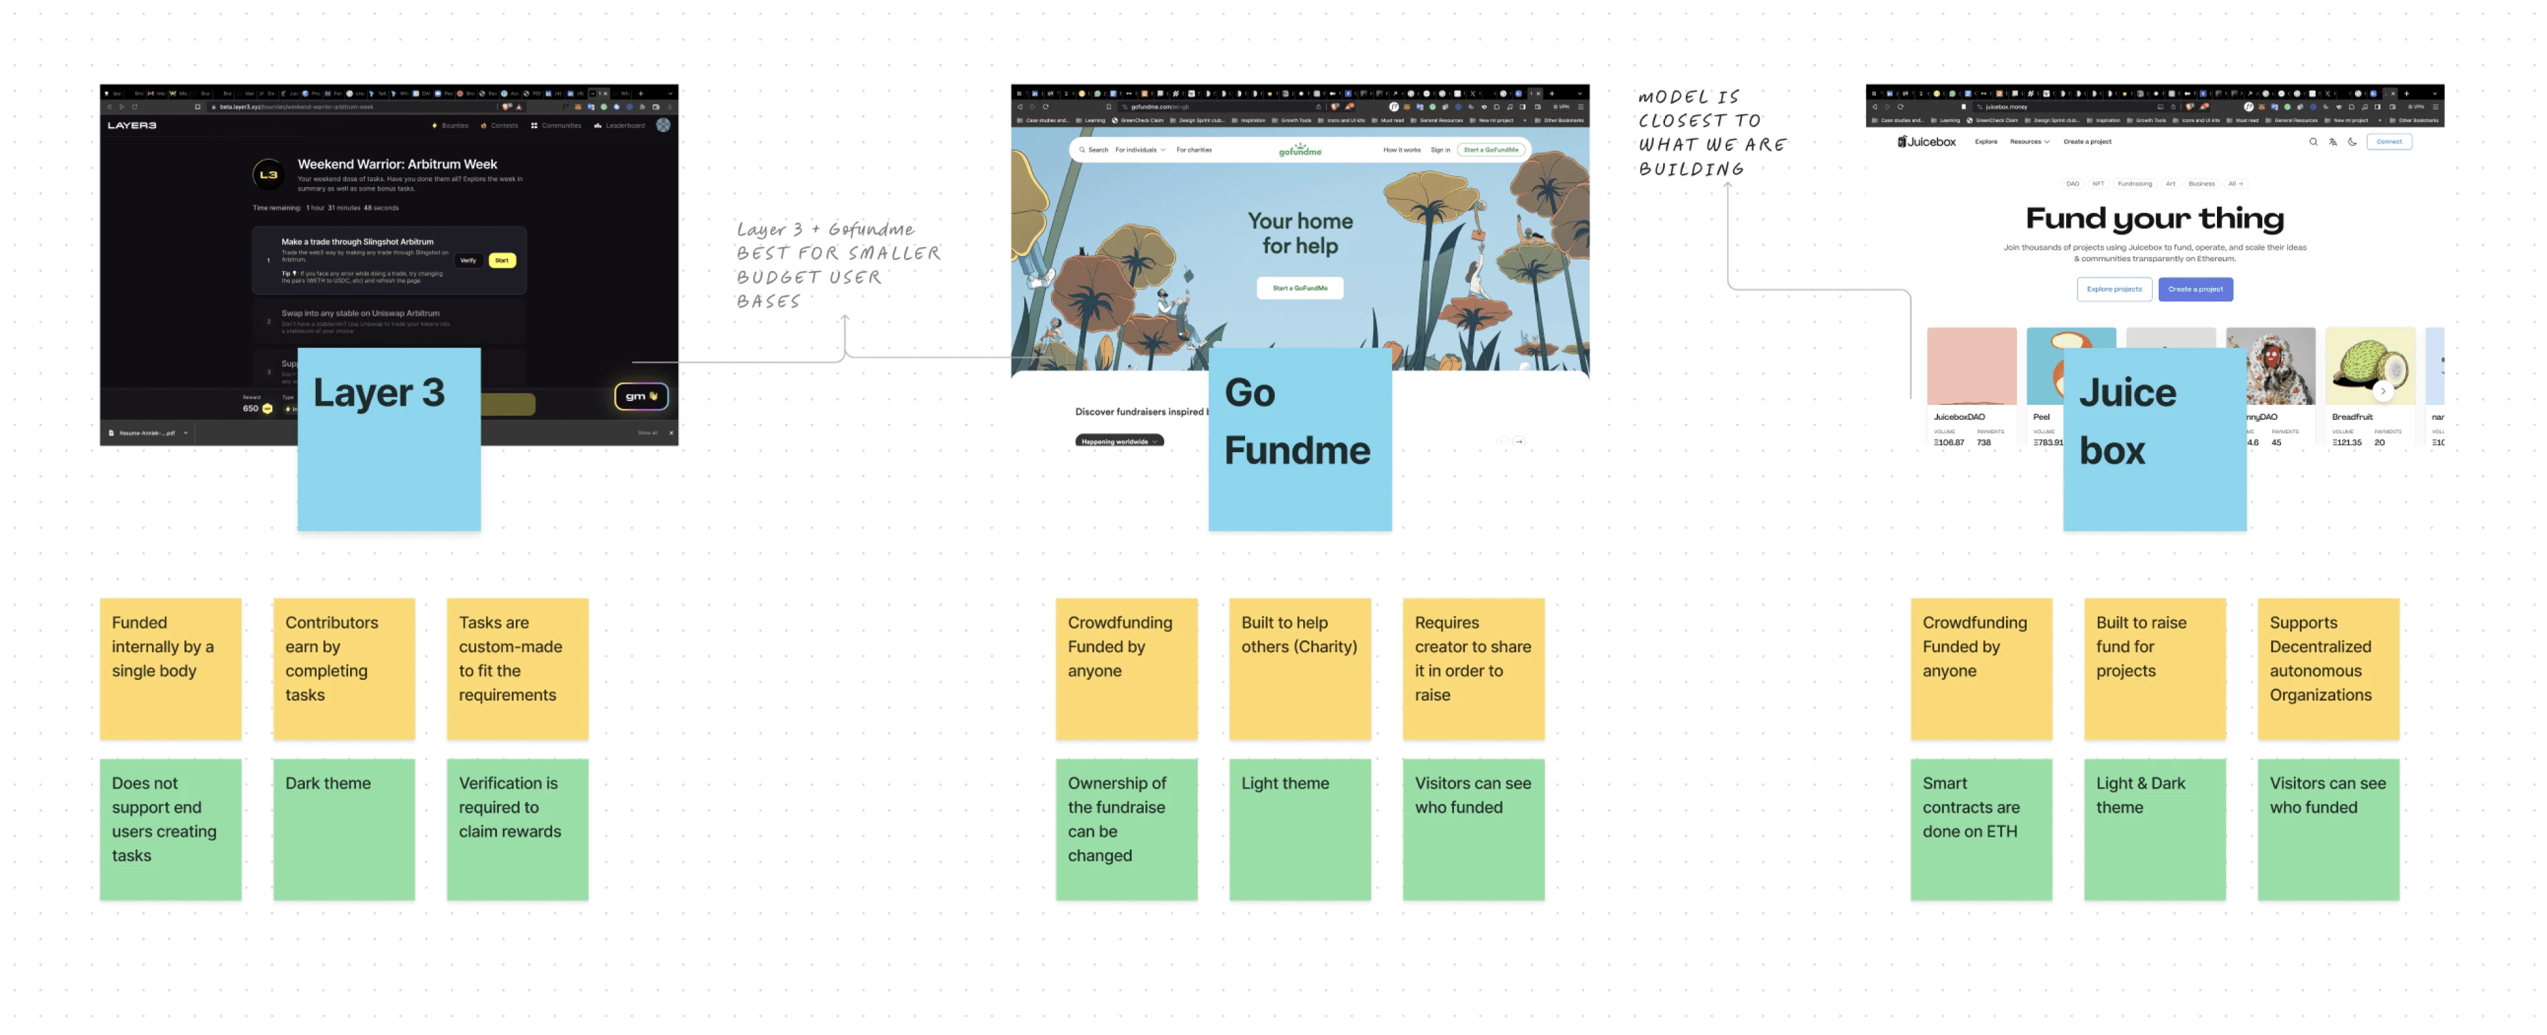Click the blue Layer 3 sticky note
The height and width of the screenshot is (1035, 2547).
[x=388, y=439]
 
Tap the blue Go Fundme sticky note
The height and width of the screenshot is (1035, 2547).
[x=1299, y=439]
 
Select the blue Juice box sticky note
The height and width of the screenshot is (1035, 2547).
[x=2154, y=439]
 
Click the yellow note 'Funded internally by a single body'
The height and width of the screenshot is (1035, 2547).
[x=170, y=668]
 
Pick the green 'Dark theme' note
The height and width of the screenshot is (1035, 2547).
[x=343, y=829]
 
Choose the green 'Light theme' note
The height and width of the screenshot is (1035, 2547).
[x=1299, y=829]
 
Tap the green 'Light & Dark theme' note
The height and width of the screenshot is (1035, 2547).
[x=2154, y=829]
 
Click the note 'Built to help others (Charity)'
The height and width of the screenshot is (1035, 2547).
[x=1299, y=668]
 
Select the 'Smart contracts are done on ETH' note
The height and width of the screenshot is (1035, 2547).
[x=1980, y=829]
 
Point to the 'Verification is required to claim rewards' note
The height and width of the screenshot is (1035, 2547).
[x=517, y=829]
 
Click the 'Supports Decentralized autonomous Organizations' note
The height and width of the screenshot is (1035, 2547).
[x=2328, y=668]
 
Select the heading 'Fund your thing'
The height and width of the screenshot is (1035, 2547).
[x=2154, y=219]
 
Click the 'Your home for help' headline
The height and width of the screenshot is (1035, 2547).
[x=1299, y=234]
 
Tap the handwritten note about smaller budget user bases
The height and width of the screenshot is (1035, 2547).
[x=837, y=265]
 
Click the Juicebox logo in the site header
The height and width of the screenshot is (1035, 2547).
[x=1926, y=142]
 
